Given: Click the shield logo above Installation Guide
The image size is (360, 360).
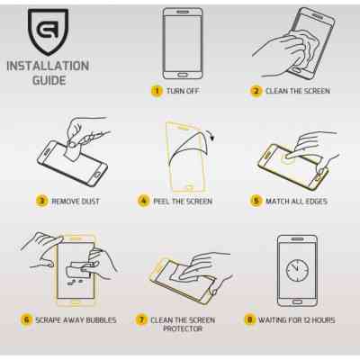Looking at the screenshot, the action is (x=48, y=31).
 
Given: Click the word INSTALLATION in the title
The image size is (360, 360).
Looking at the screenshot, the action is (x=48, y=66).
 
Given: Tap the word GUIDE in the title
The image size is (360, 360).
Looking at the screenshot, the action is (x=49, y=80).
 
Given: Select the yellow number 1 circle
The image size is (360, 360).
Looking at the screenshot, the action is (x=157, y=91).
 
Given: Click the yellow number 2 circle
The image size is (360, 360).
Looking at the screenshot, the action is (x=256, y=91).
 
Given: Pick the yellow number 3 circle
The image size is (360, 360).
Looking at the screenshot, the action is (x=41, y=201).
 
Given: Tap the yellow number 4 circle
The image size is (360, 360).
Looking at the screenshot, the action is (x=143, y=201).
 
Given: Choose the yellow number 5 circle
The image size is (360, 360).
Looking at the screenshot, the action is (x=256, y=201).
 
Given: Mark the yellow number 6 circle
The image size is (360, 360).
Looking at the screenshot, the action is (x=26, y=319).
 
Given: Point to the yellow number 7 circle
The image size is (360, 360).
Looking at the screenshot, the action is (x=141, y=319).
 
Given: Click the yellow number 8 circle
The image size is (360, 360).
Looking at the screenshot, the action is (x=249, y=319).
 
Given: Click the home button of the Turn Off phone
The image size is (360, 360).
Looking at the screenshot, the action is (x=182, y=75).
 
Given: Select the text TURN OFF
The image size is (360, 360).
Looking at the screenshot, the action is (x=183, y=91).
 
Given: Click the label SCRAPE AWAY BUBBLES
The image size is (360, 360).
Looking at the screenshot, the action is (x=76, y=320).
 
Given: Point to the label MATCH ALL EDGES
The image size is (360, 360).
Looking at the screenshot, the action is (x=296, y=202).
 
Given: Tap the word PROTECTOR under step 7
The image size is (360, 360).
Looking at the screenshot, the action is (x=183, y=328).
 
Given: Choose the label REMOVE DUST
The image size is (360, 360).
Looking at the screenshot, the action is (x=76, y=202).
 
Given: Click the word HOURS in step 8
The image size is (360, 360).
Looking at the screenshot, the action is (x=323, y=320).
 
